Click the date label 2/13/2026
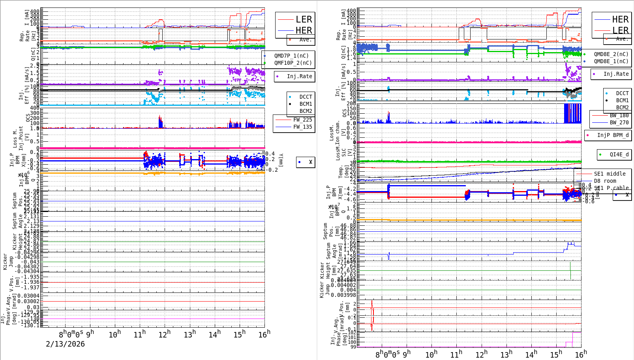point(65,344)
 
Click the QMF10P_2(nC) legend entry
point(293,63)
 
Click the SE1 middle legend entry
point(610,174)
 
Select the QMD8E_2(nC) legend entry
point(611,54)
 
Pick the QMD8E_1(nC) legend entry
point(611,61)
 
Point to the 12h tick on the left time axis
point(164,335)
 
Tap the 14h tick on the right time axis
point(531,354)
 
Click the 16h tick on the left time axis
point(264,335)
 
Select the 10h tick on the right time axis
point(431,354)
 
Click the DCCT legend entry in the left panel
point(306,97)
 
